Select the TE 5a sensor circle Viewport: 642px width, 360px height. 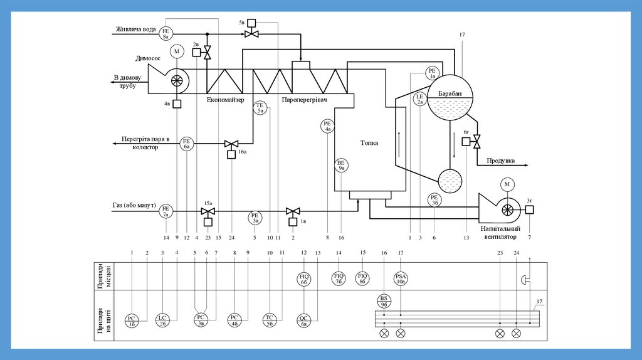261,107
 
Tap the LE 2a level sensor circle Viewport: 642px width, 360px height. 421,98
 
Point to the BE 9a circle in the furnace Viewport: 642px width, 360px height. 342,165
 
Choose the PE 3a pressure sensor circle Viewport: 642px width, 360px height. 255,217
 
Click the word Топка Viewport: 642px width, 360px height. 369,142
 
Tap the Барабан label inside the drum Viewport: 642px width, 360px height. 450,93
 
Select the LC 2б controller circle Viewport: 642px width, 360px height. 162,320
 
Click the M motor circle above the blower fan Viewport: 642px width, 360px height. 507,184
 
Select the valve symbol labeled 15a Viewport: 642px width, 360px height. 208,212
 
